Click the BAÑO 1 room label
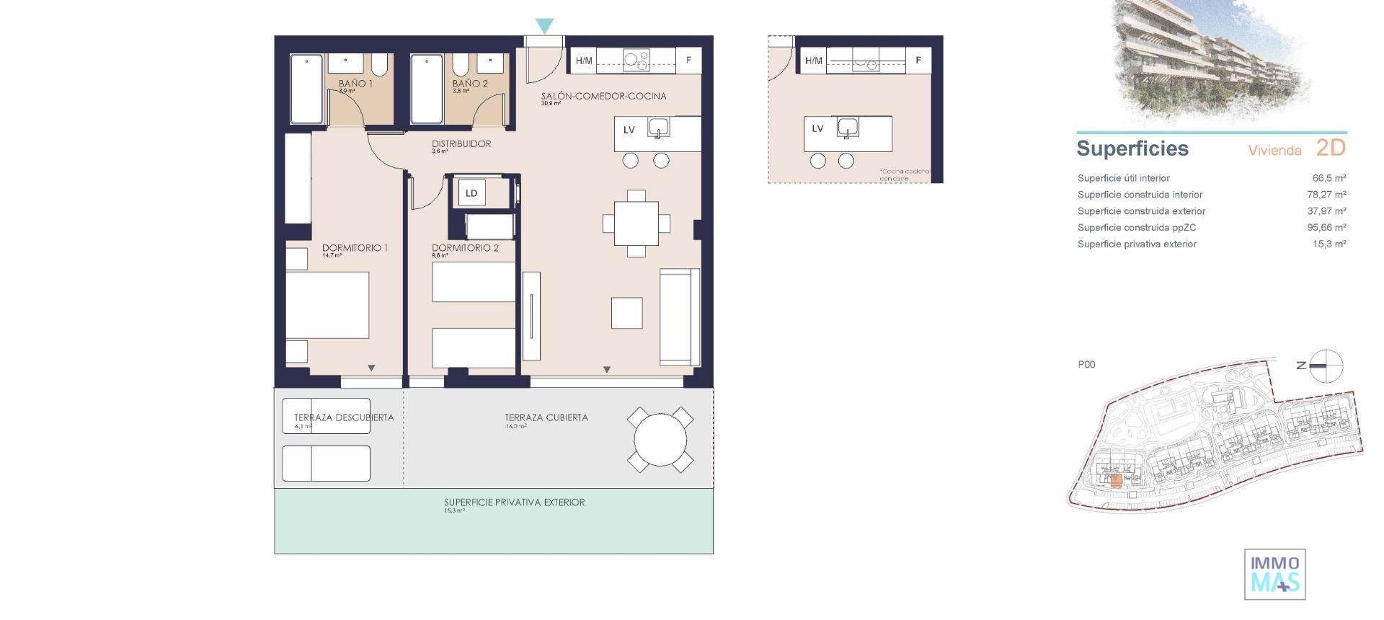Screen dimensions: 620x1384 pyautogui.click(x=355, y=84)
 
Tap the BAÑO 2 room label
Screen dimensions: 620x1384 pyautogui.click(x=470, y=84)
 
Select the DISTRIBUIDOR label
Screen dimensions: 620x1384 pyautogui.click(x=461, y=144)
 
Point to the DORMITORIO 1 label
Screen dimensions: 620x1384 pyautogui.click(x=355, y=248)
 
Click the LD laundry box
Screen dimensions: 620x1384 pyautogui.click(x=471, y=193)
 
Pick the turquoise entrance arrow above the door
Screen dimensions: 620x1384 pyautogui.click(x=545, y=26)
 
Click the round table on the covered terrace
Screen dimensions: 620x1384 pyautogui.click(x=660, y=439)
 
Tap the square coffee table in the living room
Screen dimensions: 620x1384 pyautogui.click(x=626, y=313)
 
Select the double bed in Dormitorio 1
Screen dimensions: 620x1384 pyautogui.click(x=328, y=304)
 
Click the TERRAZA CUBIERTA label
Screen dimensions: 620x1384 pyautogui.click(x=546, y=417)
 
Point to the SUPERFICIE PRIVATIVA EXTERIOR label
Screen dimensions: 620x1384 pyautogui.click(x=514, y=502)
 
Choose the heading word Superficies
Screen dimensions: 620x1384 pyautogui.click(x=1132, y=149)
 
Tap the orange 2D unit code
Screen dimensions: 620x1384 pyautogui.click(x=1331, y=148)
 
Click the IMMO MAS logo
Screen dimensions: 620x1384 pyautogui.click(x=1274, y=575)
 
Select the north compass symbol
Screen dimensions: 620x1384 pyautogui.click(x=1326, y=366)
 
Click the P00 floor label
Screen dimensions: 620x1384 pyautogui.click(x=1086, y=365)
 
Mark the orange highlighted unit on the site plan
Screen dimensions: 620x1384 pyautogui.click(x=1116, y=482)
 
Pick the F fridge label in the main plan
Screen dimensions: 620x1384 pyautogui.click(x=688, y=61)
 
